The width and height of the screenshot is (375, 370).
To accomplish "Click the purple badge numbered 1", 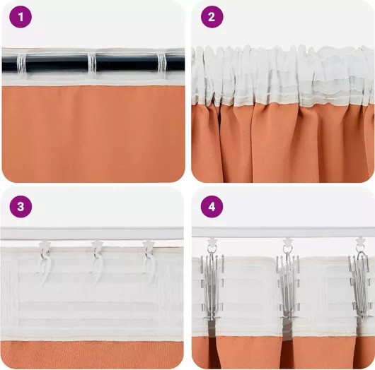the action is pyautogui.click(x=21, y=17).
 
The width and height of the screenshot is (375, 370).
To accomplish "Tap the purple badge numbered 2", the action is pyautogui.click(x=212, y=17).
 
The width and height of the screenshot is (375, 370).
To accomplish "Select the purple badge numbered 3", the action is pyautogui.click(x=21, y=206).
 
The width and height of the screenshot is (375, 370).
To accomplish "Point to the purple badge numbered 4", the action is pyautogui.click(x=212, y=206).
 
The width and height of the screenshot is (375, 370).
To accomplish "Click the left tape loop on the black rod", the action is pyautogui.click(x=21, y=64).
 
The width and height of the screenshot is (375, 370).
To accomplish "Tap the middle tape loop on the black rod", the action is pyautogui.click(x=92, y=65).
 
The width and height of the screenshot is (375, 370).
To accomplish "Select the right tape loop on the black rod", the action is pyautogui.click(x=161, y=64).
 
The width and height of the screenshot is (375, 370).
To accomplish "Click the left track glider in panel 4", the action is pyautogui.click(x=212, y=241).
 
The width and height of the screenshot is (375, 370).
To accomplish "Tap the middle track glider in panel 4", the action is pyautogui.click(x=288, y=241).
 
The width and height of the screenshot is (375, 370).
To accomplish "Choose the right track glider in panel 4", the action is pyautogui.click(x=361, y=241).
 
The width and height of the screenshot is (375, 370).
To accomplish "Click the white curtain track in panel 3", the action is pyautogui.click(x=92, y=233).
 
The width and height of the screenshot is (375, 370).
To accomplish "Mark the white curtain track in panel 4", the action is pyautogui.click(x=283, y=232).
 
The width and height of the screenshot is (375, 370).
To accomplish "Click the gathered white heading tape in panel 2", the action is pyautogui.click(x=283, y=76).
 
